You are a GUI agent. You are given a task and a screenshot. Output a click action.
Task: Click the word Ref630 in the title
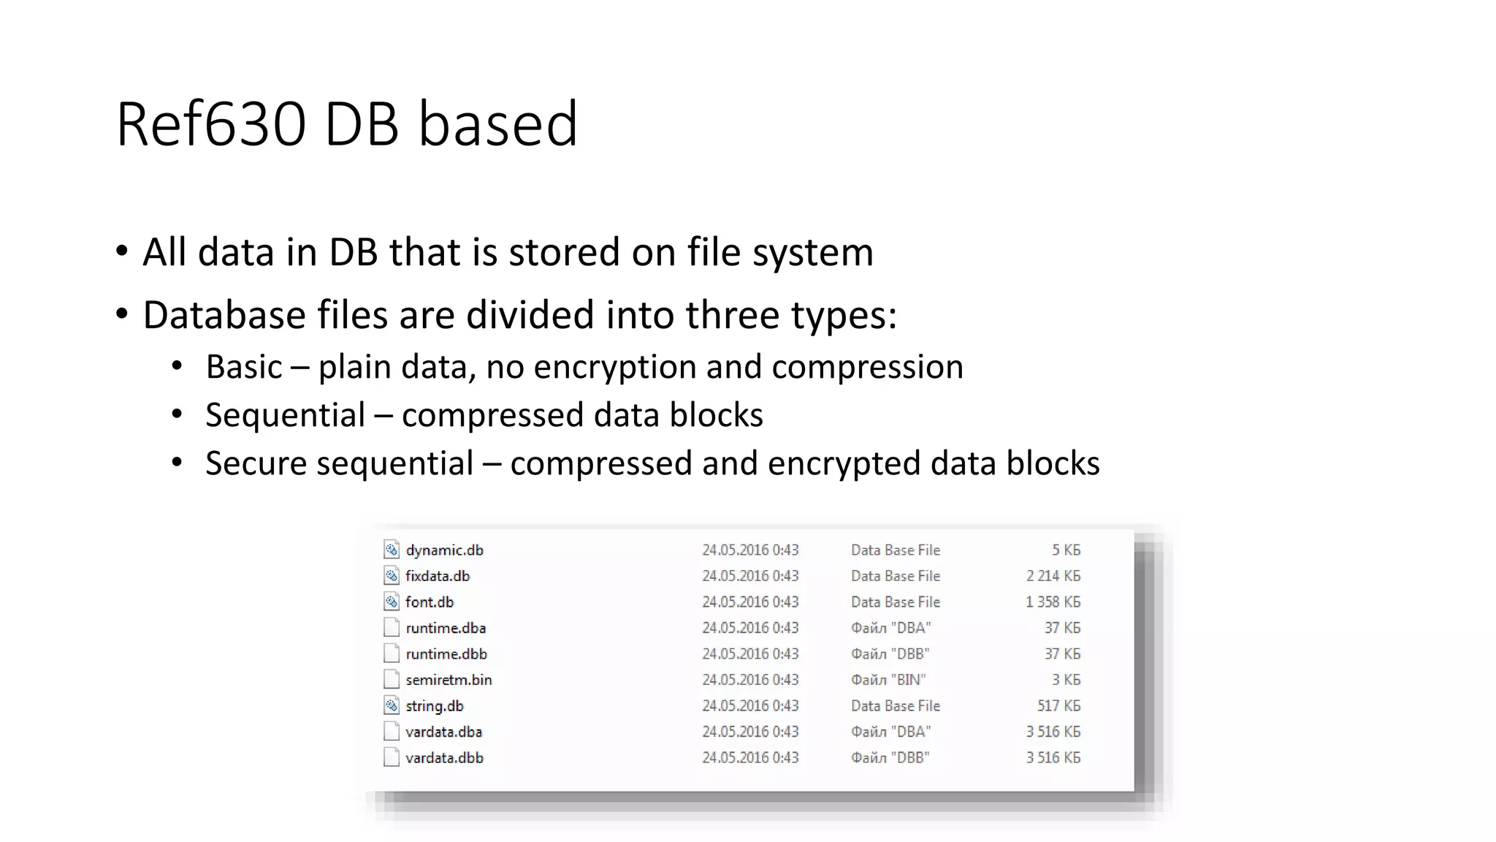(x=210, y=124)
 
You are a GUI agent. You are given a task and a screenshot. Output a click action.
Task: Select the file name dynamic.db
(x=444, y=550)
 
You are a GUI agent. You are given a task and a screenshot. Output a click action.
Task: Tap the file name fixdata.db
(x=438, y=576)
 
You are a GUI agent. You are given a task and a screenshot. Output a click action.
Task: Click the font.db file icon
(x=392, y=602)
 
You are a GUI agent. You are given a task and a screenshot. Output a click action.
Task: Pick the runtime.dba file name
(x=446, y=628)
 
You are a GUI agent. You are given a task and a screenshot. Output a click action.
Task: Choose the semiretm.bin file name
(x=449, y=680)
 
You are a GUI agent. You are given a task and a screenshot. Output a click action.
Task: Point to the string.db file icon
(x=392, y=706)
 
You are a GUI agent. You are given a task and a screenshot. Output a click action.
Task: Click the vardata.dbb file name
(x=444, y=758)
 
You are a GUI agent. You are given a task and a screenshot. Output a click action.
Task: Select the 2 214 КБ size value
(x=1053, y=576)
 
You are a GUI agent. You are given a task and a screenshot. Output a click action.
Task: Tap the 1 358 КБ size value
(x=1053, y=602)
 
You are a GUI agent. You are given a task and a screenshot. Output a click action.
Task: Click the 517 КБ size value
(x=1058, y=706)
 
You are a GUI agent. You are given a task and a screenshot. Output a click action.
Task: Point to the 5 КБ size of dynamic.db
(x=1066, y=550)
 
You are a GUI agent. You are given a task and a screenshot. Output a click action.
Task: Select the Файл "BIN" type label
(x=888, y=680)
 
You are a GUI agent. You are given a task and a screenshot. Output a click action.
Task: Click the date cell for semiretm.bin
(x=750, y=680)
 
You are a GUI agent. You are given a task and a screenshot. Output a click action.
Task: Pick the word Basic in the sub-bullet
(x=243, y=367)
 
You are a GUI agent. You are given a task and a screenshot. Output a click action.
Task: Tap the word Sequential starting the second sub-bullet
(x=285, y=415)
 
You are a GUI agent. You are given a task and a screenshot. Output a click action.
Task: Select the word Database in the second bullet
(x=224, y=315)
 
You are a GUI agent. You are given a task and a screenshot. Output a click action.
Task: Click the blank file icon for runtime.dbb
(x=392, y=654)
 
